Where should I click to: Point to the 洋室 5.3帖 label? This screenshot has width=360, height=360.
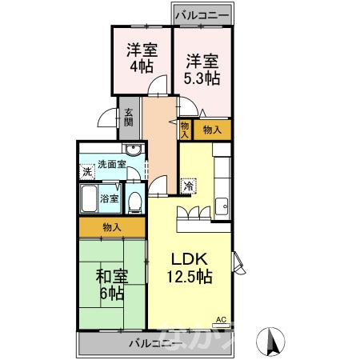(202, 68)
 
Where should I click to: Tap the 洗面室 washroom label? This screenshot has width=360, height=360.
(111, 165)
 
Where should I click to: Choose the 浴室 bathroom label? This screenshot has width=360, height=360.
(109, 198)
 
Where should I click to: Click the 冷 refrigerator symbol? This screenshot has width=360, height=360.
(189, 185)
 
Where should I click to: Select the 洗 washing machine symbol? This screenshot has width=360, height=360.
(86, 171)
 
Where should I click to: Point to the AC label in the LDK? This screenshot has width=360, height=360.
(222, 319)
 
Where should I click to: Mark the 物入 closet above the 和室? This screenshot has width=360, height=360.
(112, 227)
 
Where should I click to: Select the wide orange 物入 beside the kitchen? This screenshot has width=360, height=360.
(212, 128)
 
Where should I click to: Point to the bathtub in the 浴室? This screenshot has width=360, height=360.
(89, 198)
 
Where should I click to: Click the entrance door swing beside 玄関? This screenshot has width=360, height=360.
(106, 121)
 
